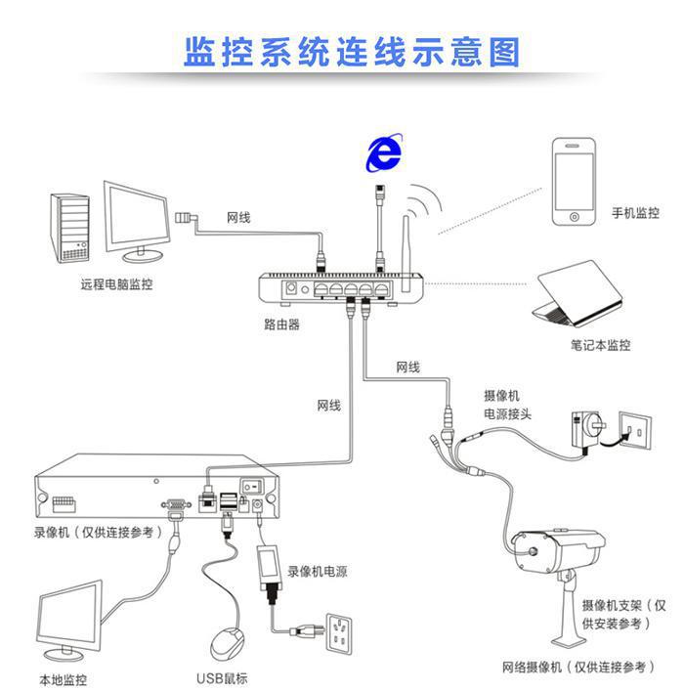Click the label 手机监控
pyautogui.click(x=635, y=213)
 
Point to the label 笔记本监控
pyautogui.click(x=601, y=345)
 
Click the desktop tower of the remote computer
pyautogui.click(x=71, y=227)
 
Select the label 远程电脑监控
pyautogui.click(x=116, y=285)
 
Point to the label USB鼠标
pyautogui.click(x=222, y=678)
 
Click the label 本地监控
pyautogui.click(x=63, y=678)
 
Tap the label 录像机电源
pyautogui.click(x=317, y=571)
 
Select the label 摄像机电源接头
pyautogui.click(x=507, y=405)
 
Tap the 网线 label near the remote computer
pyautogui.click(x=238, y=217)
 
